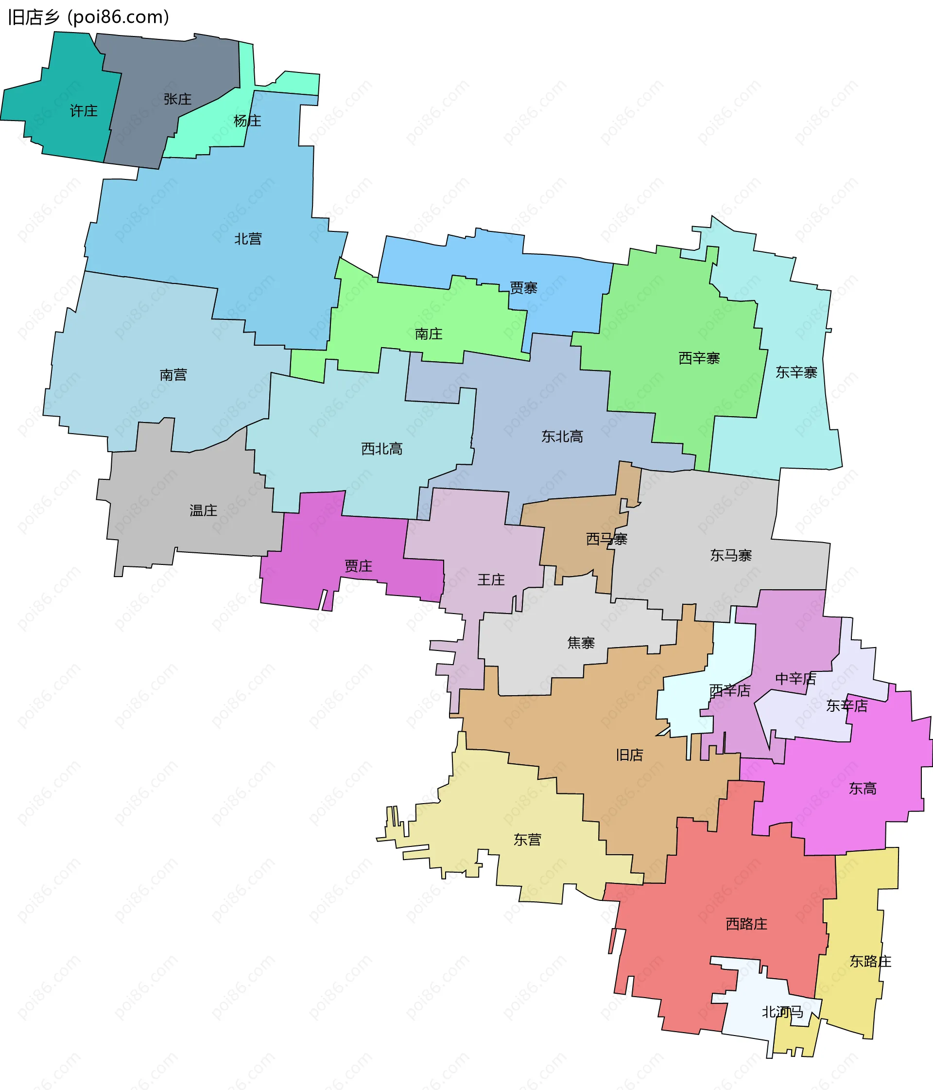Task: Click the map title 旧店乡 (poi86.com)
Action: click(88, 18)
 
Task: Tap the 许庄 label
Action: click(84, 111)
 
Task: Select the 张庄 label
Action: click(177, 99)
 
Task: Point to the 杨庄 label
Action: click(247, 121)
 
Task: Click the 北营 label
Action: click(248, 239)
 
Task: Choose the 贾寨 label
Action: click(523, 288)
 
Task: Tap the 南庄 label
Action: click(428, 334)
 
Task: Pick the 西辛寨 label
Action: click(698, 358)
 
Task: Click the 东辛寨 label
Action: click(796, 372)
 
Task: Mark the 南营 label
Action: click(173, 375)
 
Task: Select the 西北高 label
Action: click(382, 449)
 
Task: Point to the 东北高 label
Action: click(562, 437)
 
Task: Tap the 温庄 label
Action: click(203, 510)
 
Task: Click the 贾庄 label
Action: click(358, 566)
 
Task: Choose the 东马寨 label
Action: click(730, 556)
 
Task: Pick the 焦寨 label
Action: click(581, 643)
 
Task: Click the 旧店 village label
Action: click(630, 756)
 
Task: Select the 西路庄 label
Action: click(746, 924)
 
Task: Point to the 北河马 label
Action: click(782, 1012)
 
